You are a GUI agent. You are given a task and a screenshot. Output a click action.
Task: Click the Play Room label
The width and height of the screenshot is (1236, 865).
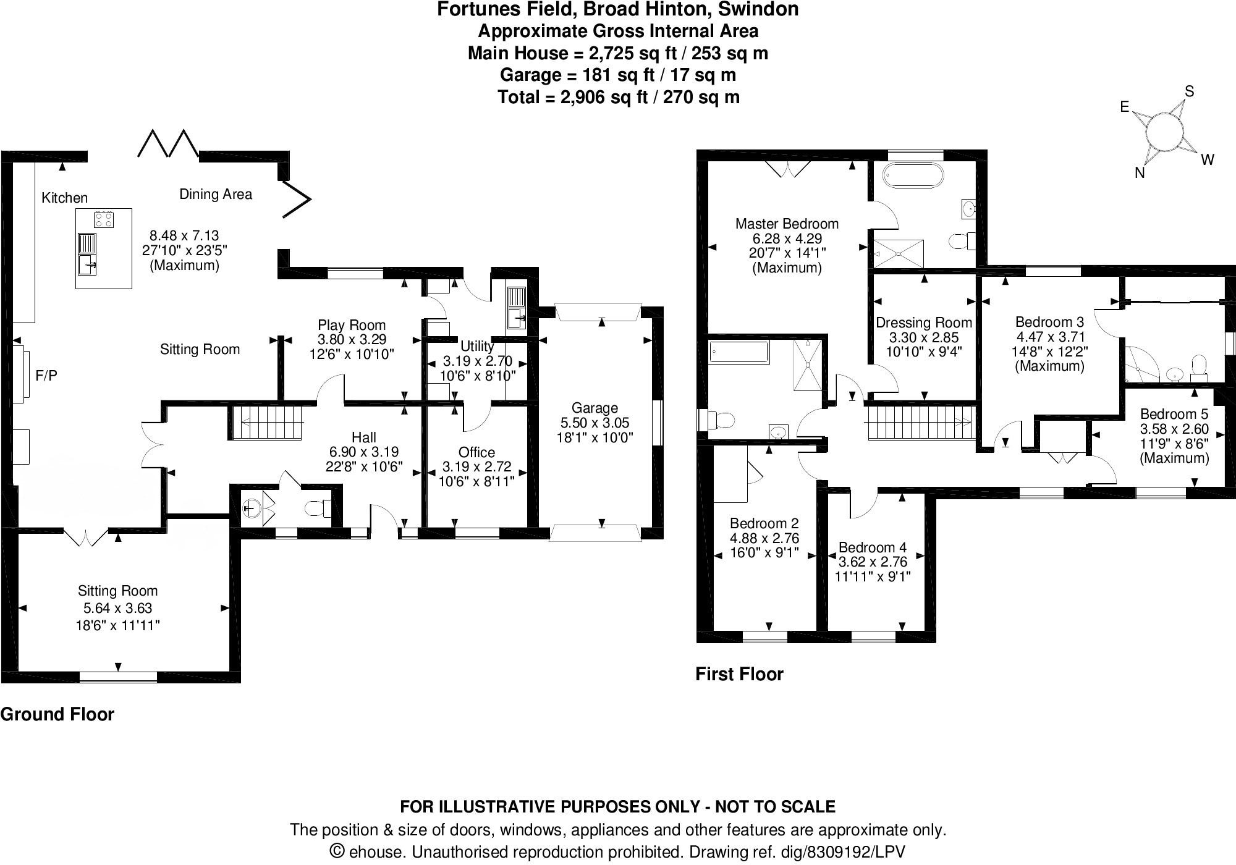352,325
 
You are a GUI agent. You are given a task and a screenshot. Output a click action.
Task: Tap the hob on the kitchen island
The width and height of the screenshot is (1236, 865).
104,219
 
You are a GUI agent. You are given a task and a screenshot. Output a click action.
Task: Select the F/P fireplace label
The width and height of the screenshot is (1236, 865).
46,375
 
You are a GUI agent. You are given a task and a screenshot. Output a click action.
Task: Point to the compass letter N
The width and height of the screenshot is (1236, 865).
1140,174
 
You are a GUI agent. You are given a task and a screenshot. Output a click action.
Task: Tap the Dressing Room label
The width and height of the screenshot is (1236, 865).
924,323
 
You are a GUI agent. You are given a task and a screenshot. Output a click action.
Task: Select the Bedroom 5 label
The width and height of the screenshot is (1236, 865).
1174,414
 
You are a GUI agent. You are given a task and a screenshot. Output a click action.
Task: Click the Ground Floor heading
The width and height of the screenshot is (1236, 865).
57,714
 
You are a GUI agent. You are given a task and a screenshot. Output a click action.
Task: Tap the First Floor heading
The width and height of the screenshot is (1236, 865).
739,674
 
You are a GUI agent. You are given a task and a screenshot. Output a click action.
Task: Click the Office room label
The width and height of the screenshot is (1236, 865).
476,452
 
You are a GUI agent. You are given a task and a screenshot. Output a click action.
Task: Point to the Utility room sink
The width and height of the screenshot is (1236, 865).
516,309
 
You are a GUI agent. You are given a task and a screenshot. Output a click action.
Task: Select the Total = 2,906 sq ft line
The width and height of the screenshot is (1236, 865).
618,98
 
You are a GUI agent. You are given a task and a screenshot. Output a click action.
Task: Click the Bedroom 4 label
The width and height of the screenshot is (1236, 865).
872,547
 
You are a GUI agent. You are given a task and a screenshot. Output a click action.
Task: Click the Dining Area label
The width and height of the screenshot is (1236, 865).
216,194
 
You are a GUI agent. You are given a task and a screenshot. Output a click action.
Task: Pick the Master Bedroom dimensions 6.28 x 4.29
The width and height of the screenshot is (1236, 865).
787,238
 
